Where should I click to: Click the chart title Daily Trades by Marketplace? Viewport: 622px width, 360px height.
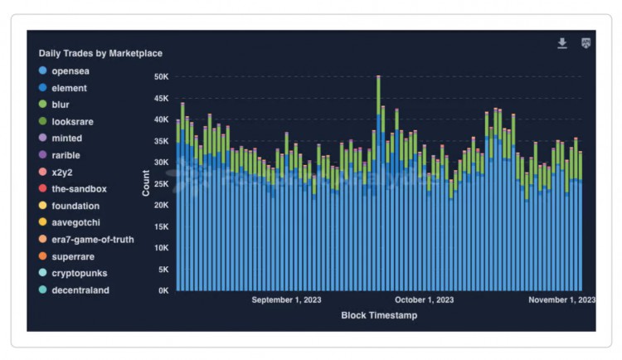click(x=100, y=53)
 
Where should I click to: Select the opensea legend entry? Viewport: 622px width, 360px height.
click(x=70, y=71)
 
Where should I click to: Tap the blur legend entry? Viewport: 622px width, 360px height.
click(x=63, y=105)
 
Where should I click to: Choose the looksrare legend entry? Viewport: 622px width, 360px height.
click(x=72, y=121)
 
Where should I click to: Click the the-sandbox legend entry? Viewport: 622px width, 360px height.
click(x=79, y=189)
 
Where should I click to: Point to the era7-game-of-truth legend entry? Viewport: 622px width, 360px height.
click(x=92, y=240)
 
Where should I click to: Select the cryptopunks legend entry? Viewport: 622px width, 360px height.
click(x=79, y=273)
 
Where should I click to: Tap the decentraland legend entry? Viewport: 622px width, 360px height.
click(x=80, y=290)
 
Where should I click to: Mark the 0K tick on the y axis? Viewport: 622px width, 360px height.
click(x=163, y=290)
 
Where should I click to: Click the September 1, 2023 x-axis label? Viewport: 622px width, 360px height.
click(x=286, y=300)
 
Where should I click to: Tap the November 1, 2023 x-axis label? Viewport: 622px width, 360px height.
click(x=561, y=300)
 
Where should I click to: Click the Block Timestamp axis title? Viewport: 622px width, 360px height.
click(x=379, y=315)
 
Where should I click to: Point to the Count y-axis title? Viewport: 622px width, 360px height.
click(x=146, y=183)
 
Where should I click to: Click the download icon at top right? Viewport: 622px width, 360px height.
click(x=562, y=43)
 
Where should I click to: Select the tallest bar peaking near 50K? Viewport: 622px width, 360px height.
click(x=378, y=182)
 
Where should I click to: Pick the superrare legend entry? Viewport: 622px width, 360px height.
click(x=72, y=256)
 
